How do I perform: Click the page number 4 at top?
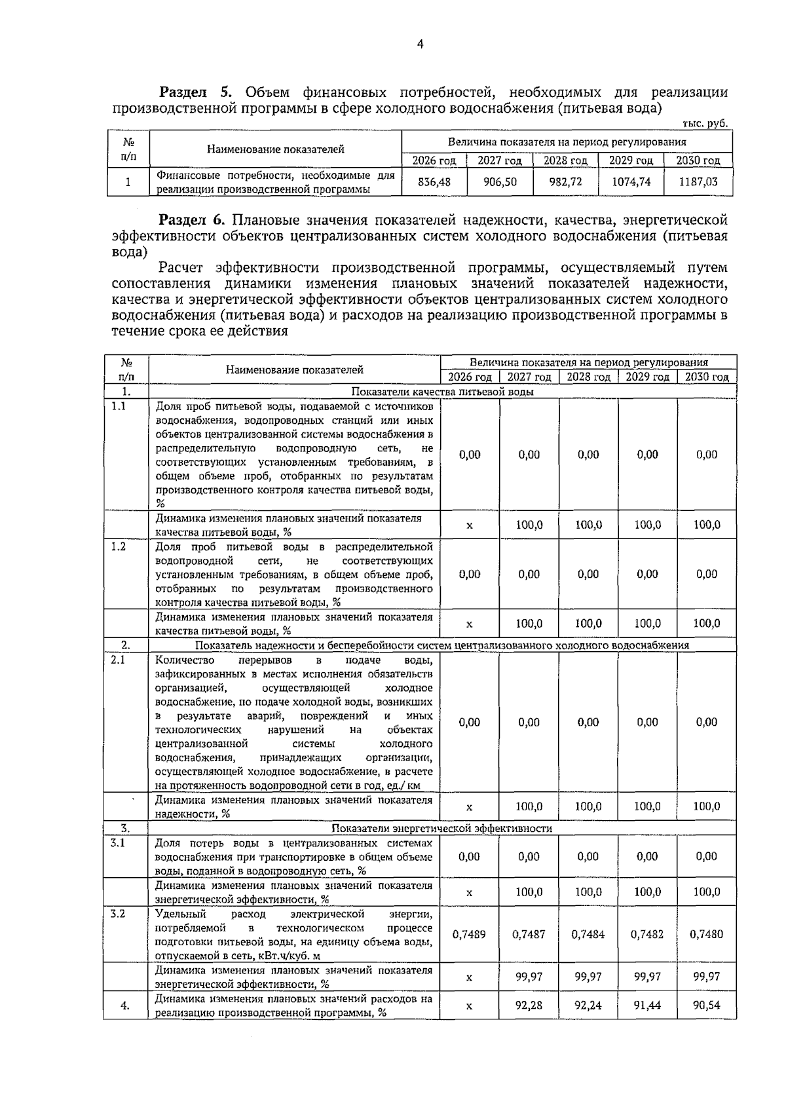pos(420,45)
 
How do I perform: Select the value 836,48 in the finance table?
pos(434,181)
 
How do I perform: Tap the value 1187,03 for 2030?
pos(698,181)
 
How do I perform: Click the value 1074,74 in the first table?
pos(631,181)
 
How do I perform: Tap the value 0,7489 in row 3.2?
pos(469,934)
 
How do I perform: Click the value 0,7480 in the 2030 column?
pos(706,934)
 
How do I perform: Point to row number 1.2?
pos(119,546)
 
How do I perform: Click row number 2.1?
pos(119,660)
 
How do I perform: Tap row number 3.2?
pos(119,913)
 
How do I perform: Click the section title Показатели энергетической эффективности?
pos(442,828)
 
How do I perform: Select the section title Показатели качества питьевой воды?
pos(442,392)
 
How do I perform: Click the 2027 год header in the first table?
pos(499,160)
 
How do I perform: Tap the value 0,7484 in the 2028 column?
pos(588,934)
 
